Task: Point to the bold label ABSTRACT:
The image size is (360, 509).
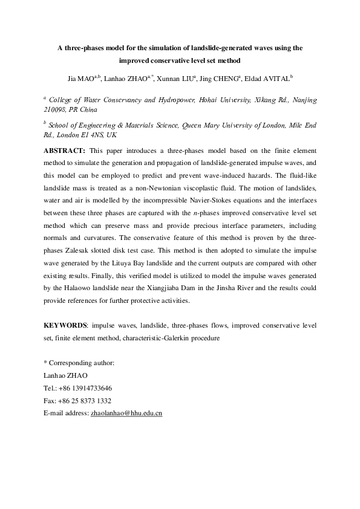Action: click(66, 149)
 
